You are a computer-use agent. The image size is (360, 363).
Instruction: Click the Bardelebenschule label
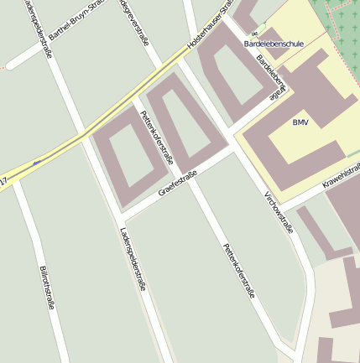(x=274, y=42)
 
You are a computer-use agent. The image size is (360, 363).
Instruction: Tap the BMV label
(x=300, y=122)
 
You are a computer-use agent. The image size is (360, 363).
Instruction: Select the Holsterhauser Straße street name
(x=209, y=34)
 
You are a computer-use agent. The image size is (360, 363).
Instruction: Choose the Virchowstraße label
(x=279, y=211)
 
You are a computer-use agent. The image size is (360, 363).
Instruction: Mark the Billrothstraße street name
(x=47, y=288)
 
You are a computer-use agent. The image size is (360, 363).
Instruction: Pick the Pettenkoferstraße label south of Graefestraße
(x=237, y=271)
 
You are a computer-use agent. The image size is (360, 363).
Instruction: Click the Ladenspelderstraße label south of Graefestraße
(x=133, y=259)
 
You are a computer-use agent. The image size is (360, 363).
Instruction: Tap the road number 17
(x=4, y=181)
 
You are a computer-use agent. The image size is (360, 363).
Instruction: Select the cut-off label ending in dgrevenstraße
(x=133, y=20)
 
